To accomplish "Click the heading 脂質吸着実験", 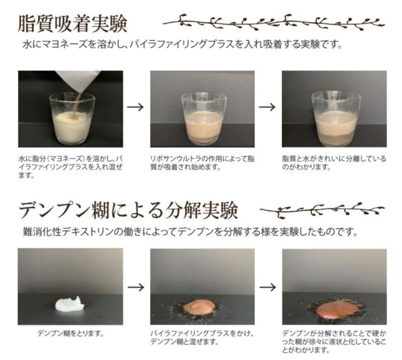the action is click(x=73, y=24).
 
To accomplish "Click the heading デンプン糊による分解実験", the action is click(x=128, y=210).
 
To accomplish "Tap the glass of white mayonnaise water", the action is click(x=72, y=119).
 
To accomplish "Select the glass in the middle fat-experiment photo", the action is click(x=204, y=119).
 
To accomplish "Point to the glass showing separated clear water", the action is click(x=336, y=119).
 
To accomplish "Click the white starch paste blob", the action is click(x=70, y=304).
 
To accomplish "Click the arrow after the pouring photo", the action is click(x=136, y=107).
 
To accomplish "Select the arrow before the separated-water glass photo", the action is click(x=267, y=107).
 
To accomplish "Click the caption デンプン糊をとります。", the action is click(x=70, y=333).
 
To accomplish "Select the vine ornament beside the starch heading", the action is click(x=322, y=209).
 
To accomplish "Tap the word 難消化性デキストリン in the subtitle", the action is click(x=68, y=232).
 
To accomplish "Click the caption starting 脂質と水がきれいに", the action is click(x=334, y=163).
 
